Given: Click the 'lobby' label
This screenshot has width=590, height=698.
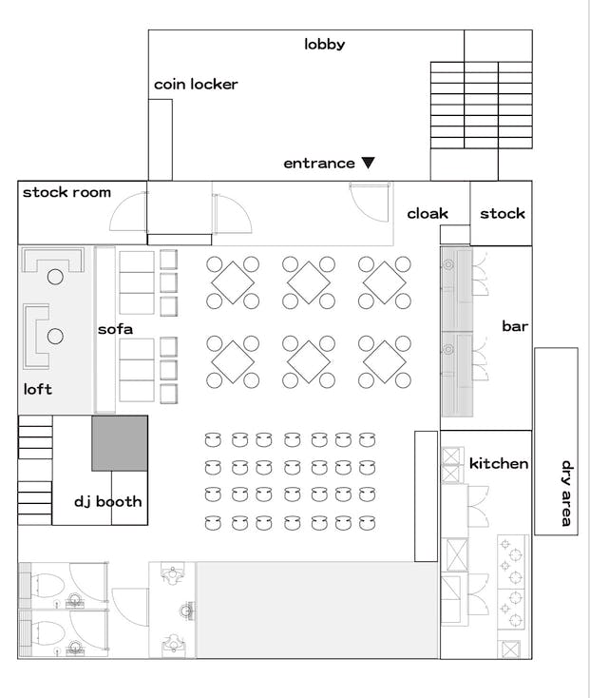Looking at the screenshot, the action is (x=325, y=45).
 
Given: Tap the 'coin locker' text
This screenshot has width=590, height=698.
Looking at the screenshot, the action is (x=196, y=84).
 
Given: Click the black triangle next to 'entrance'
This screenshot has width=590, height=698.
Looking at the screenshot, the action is (x=368, y=163).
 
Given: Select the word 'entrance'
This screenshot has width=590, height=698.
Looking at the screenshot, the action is (x=319, y=164).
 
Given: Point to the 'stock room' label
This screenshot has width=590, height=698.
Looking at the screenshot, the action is (x=67, y=192).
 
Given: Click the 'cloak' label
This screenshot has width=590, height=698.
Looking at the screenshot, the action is (x=428, y=214).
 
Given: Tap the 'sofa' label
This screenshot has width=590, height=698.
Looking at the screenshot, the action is (x=115, y=329).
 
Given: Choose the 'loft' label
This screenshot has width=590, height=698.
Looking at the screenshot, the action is (x=38, y=389).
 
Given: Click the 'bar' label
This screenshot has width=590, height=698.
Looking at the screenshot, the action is (x=515, y=326).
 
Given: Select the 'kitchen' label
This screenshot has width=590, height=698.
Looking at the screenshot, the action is (x=499, y=463).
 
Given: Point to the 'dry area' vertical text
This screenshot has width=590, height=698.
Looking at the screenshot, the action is (x=566, y=494).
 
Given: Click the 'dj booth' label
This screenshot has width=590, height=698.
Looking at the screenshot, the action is (x=108, y=502).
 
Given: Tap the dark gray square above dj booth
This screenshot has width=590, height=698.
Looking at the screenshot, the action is (x=120, y=443).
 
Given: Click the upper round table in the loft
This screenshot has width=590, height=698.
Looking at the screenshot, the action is (x=55, y=277).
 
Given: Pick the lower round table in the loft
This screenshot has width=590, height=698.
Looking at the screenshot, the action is (x=55, y=336).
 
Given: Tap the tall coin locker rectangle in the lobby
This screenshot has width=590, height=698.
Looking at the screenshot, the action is (x=160, y=140).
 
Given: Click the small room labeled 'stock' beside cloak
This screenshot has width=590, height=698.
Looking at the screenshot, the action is (x=501, y=213).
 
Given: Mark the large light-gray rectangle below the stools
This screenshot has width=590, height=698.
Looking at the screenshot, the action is (x=317, y=610).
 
